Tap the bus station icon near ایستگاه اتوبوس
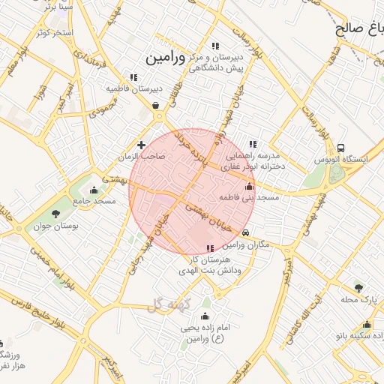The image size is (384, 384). pyautogui.click(x=341, y=148)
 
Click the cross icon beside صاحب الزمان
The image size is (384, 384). pyautogui.click(x=141, y=145)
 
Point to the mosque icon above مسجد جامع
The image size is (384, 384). pyautogui.click(x=93, y=190)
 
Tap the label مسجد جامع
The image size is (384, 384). pyautogui.click(x=94, y=202)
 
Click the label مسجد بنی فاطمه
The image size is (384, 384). pyautogui.click(x=249, y=198)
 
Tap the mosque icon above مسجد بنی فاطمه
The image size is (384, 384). pyautogui.click(x=249, y=187)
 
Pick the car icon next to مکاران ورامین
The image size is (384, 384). pyautogui.click(x=246, y=233)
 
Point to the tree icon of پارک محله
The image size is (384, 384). pyautogui.click(x=358, y=288)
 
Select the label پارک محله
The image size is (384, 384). pyautogui.click(x=357, y=300)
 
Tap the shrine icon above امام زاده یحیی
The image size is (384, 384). pyautogui.click(x=205, y=316)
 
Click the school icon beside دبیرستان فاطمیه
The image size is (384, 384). pyautogui.click(x=133, y=76)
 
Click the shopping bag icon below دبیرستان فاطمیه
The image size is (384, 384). pyautogui.click(x=155, y=106)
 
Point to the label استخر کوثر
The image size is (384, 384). pyautogui.click(x=53, y=33)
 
